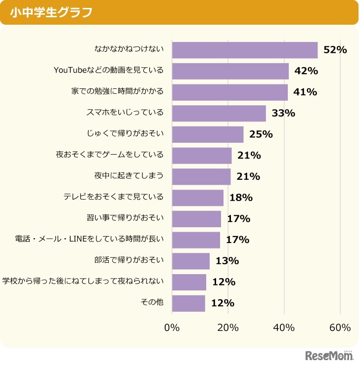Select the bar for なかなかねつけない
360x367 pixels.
coord(245,50)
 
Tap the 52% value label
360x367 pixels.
coord(335,50)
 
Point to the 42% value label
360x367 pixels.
coord(306,71)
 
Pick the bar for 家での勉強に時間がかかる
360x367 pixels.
coord(229,92)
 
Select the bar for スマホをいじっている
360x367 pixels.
coord(219,113)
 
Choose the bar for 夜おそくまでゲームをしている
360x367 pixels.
coord(202,156)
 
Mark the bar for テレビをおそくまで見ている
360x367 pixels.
coord(198,198)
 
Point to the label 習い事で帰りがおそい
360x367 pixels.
coord(125,218)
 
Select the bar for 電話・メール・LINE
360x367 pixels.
coord(196,240)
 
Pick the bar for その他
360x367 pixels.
coord(188,303)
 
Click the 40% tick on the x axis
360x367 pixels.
coord(284,328)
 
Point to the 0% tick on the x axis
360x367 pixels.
coord(172,328)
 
